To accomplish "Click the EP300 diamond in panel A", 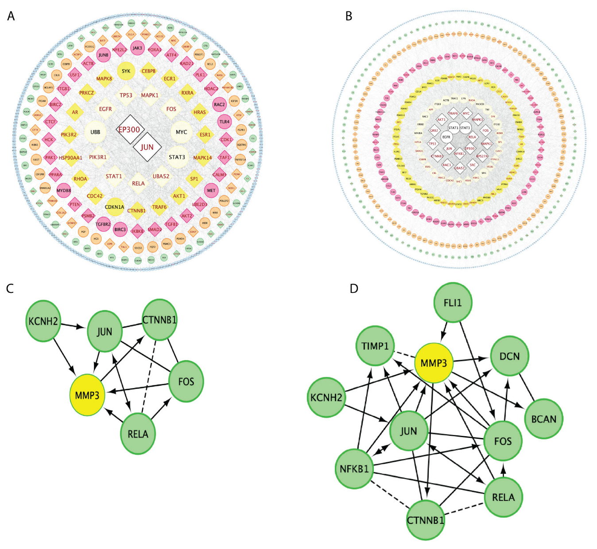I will coord(129,129).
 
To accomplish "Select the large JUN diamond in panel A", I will coord(147,147).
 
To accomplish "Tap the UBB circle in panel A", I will coord(95,132).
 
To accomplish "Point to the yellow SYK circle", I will coord(126,71).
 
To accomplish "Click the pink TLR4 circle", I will coord(225,122).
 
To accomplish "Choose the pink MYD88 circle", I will coord(64,191).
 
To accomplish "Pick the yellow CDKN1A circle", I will coord(115,207).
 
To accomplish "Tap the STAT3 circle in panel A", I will coord(177,157).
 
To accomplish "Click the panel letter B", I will coord(349,16).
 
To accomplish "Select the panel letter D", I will coord(354,289).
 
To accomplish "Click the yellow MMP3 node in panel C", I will coord(87,395).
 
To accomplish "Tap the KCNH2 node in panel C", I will coord(43,321).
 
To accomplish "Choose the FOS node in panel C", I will coord(186,381).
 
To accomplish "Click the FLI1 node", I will coord(453,303).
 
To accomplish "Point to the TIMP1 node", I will coord(375,346).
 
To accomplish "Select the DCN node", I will coord(509,356).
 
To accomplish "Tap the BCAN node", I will coord(543,418).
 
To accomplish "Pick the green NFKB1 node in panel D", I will coord(354,468).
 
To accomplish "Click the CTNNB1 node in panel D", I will coord(426,520).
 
